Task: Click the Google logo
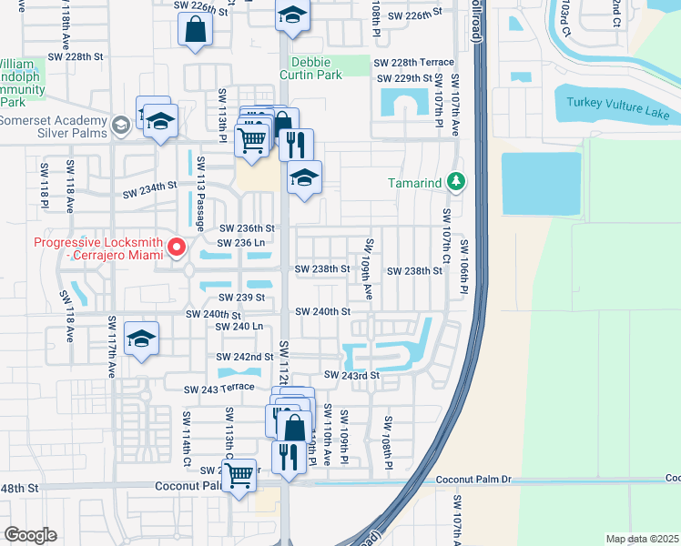click(x=30, y=534)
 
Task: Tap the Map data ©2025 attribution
click(x=642, y=539)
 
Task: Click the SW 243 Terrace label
click(x=219, y=389)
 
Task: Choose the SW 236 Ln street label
click(x=241, y=242)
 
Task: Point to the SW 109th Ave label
click(x=369, y=269)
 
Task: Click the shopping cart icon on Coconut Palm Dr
click(x=239, y=473)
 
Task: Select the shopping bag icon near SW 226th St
click(x=197, y=29)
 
